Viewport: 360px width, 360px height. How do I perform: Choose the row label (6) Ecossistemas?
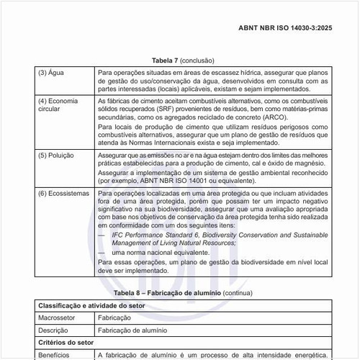(x=63, y=194)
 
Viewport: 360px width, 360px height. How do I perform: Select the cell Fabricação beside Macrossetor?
(x=114, y=318)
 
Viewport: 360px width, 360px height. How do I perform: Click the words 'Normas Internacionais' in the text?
(x=172, y=143)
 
